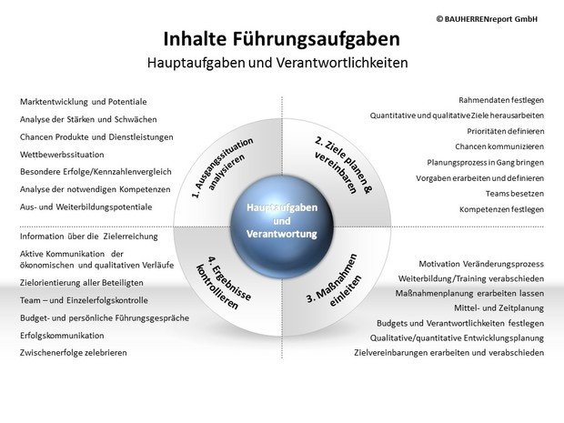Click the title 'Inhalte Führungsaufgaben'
coord(282,39)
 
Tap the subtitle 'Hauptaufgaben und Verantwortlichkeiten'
coord(277,63)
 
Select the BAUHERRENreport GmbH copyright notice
coord(487,19)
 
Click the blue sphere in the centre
coord(282,227)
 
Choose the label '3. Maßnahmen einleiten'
coord(334,280)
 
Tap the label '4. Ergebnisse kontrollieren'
coord(224,283)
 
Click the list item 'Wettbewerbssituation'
coord(62,155)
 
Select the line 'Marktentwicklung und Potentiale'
coord(84,102)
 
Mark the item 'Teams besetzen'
coord(515,194)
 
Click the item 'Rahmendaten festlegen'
coord(501,100)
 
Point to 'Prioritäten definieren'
coord(506,131)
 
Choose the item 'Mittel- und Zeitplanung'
coord(499,308)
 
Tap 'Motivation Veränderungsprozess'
coord(481,264)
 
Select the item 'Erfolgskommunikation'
coord(62,336)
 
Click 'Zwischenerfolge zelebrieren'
coord(74,353)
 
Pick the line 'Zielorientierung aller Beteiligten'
coord(82,283)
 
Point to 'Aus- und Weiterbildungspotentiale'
coord(86,207)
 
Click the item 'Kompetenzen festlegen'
coord(502,210)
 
